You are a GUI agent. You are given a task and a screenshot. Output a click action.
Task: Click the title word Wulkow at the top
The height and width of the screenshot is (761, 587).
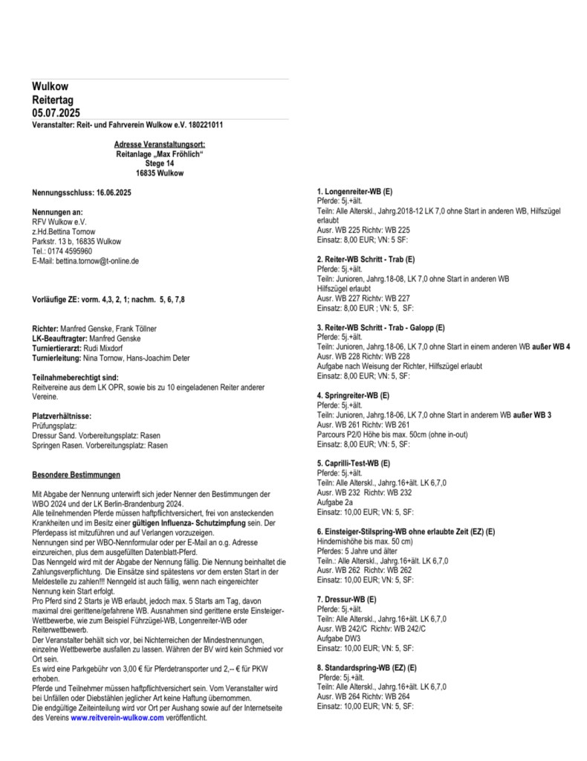[x=50, y=87]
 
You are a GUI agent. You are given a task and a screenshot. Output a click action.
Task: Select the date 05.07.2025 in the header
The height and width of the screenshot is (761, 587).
[x=56, y=112]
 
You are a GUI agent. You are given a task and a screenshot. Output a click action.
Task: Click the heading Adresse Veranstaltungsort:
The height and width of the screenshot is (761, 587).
[x=160, y=144]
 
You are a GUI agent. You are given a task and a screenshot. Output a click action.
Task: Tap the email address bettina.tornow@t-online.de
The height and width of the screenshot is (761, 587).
[x=103, y=261]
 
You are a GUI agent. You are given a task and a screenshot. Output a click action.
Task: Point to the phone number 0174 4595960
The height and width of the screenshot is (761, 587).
[x=77, y=251]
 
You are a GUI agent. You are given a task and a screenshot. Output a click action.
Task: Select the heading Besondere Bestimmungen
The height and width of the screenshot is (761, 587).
[x=77, y=474]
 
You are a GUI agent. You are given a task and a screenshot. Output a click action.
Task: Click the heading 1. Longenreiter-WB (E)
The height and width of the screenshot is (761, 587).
[x=354, y=192]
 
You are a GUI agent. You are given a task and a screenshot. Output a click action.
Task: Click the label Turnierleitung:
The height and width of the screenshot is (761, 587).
[x=59, y=357]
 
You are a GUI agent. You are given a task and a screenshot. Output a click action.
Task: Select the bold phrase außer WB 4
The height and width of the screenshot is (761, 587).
[x=551, y=347]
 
